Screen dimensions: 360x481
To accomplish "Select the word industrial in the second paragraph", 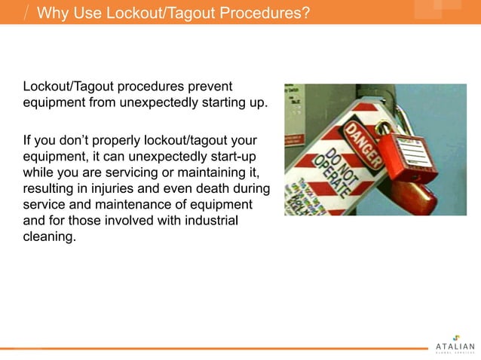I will (x=204, y=220).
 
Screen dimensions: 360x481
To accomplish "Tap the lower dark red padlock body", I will (x=414, y=197).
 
